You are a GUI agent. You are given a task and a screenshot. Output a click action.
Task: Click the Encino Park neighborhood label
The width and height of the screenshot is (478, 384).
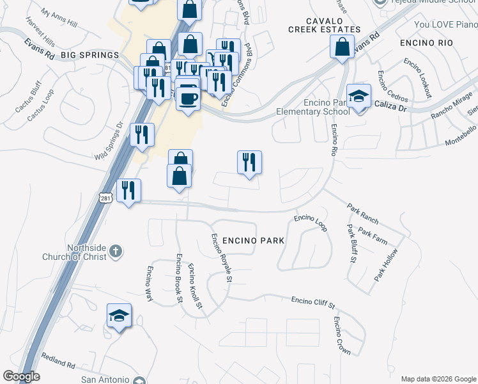coord(253,240)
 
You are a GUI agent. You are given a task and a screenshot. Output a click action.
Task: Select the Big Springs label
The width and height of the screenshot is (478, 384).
coord(90,56)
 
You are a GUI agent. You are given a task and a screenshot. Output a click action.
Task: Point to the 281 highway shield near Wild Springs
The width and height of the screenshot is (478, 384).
coord(106,198)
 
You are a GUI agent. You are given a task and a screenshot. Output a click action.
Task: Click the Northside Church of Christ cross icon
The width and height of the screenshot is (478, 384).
coord(116,250)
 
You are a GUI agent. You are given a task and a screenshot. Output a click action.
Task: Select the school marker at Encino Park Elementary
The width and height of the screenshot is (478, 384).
coord(359,97)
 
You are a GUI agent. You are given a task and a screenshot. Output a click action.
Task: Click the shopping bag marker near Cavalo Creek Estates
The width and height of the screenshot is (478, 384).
coord(343,47)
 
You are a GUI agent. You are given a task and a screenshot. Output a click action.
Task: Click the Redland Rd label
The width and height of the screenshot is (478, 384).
coord(58,361)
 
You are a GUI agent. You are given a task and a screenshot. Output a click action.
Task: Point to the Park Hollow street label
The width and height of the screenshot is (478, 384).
coord(387,264)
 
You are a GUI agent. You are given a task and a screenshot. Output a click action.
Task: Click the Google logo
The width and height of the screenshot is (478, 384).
coord(21,376)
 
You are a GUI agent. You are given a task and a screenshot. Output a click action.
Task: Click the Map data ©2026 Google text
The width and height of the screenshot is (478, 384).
coord(438,379)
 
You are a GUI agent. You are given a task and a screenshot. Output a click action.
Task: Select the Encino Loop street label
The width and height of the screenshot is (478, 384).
coord(311,222)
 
